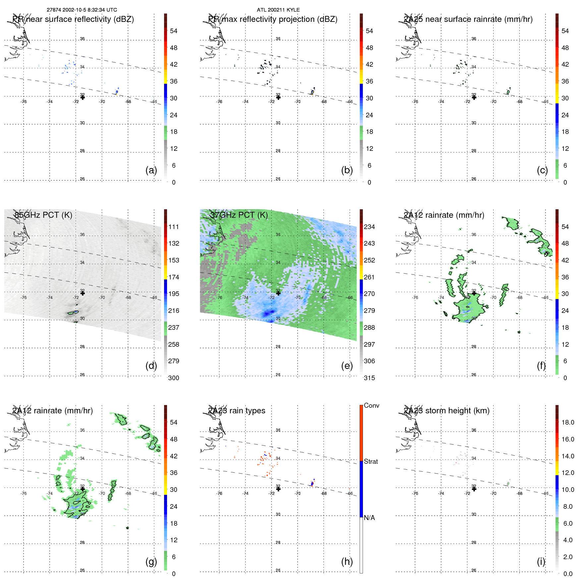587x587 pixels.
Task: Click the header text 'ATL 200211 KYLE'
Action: pos(278,10)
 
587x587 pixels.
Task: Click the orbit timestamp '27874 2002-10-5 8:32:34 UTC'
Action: pos(82,10)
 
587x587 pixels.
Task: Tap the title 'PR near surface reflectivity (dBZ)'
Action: pos(73,19)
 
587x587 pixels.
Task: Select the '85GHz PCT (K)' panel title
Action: pos(43,215)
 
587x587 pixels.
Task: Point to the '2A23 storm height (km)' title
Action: pos(446,411)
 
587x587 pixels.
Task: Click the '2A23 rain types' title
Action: pos(237,411)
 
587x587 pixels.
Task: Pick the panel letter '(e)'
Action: pos(347,366)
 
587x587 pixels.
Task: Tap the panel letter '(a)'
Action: pos(151,170)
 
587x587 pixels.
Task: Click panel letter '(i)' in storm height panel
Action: pos(541,561)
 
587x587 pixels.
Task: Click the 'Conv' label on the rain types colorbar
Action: pos(371,405)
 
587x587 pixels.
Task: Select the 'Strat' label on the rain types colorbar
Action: pos(371,461)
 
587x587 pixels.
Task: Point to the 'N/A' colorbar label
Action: pos(369,518)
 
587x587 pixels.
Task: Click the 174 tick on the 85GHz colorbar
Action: pos(174,277)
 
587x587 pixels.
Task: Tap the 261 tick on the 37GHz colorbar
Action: pos(369,277)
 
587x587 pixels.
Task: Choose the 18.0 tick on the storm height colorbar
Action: pos(567,422)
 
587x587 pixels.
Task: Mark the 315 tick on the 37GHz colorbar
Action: pos(369,378)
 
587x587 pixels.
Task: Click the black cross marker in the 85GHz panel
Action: pos(83,293)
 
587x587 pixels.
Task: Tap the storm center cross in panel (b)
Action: pos(278,97)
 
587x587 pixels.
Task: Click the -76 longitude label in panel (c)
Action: pos(415,102)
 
